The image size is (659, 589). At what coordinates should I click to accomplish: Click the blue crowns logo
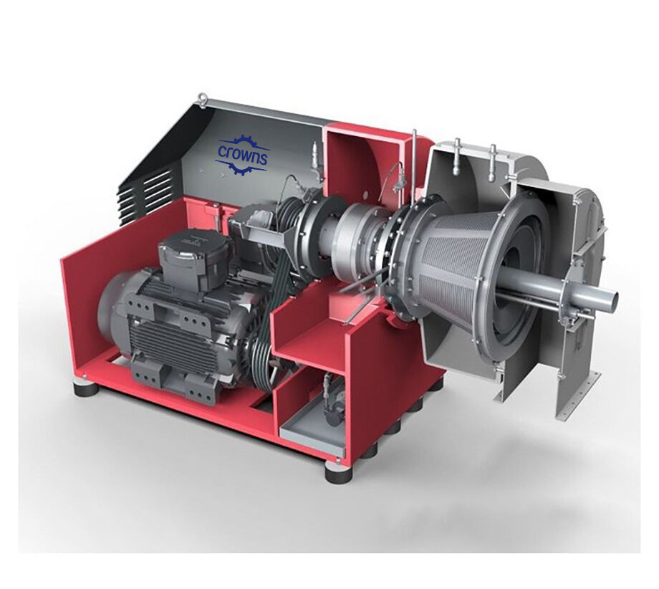241,155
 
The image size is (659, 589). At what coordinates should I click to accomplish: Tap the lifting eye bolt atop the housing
203,97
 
